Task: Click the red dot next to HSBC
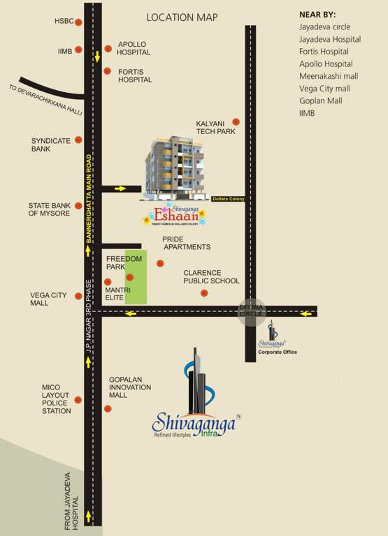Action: tap(78, 22)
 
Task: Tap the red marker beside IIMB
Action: tap(78, 50)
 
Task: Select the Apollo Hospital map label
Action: tap(134, 47)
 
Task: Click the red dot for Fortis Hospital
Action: tap(108, 70)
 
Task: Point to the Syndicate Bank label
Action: tap(51, 144)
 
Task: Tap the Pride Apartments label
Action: tap(186, 243)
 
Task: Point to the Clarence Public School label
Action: tap(211, 276)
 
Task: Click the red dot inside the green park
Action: tap(129, 277)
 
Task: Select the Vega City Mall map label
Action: tap(49, 299)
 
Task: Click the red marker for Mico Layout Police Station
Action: tap(78, 400)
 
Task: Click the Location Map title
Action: tap(182, 17)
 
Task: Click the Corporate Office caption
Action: tap(278, 352)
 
